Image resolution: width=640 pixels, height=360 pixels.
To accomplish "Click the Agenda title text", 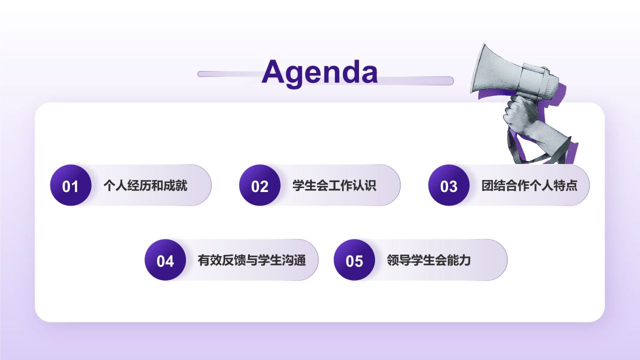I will coord(319,72).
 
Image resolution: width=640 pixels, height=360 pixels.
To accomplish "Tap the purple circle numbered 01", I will coord(70,185).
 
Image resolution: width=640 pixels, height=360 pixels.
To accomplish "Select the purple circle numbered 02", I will coord(259,185).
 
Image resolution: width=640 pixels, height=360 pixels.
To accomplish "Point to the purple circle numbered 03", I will coord(448,185).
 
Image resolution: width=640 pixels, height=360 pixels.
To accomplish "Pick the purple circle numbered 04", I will coord(165,260).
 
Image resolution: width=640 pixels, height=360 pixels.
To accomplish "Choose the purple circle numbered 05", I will coord(354,260).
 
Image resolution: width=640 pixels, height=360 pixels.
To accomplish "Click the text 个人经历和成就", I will coord(145,186).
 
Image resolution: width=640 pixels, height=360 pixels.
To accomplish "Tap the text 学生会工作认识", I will coord(334,186).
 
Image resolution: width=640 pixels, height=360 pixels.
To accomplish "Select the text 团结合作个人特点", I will coord(529,186).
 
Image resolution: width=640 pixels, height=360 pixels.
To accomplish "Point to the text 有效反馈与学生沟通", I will coord(251,260).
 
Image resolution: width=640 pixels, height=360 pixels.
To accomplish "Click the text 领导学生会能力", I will coord(428,260).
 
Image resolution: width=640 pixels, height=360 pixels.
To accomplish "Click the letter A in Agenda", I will coord(273,72).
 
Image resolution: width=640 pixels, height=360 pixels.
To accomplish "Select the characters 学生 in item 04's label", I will coord(269,260).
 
